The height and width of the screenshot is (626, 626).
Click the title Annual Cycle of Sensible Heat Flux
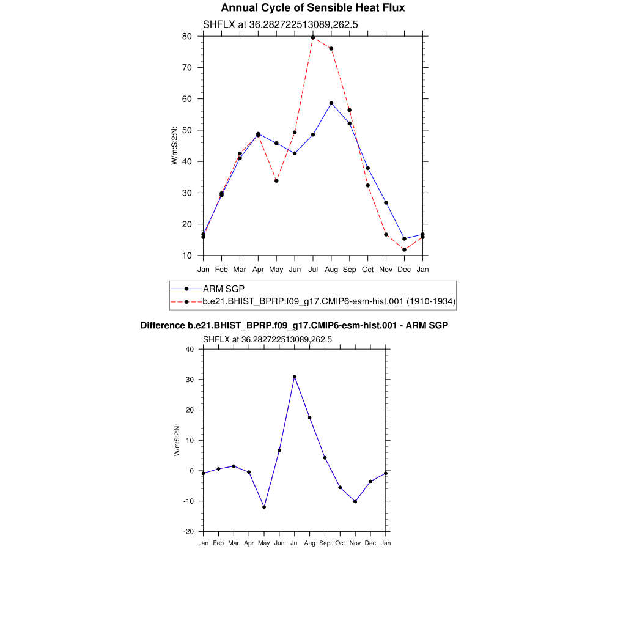[312, 8]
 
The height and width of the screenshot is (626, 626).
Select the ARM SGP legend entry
[224, 289]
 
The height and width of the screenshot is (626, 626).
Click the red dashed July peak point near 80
[313, 37]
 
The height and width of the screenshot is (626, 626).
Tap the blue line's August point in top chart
[331, 103]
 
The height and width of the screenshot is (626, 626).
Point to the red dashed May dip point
[276, 181]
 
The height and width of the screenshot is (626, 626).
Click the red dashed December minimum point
[404, 249]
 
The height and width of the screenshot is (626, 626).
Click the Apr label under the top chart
[258, 269]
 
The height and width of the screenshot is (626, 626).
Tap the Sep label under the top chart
[350, 269]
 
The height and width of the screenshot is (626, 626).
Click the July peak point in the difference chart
[294, 377]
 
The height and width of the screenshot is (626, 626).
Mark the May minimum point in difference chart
[264, 507]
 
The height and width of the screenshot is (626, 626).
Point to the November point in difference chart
[355, 501]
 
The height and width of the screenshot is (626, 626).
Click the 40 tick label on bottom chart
[189, 349]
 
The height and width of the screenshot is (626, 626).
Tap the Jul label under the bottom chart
[294, 543]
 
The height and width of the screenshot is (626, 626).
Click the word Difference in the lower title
[163, 325]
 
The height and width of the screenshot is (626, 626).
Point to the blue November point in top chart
[386, 202]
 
